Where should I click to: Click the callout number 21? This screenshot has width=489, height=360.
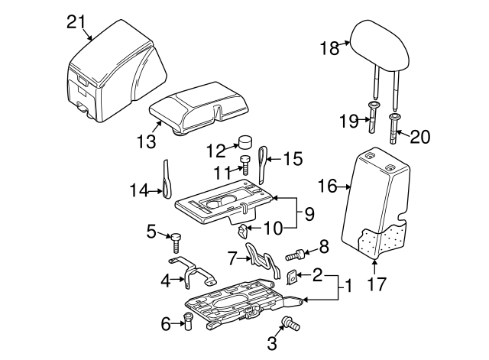[x=75, y=22]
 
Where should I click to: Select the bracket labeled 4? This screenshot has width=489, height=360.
[x=197, y=271]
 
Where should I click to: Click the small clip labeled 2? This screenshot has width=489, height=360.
[x=292, y=277]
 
